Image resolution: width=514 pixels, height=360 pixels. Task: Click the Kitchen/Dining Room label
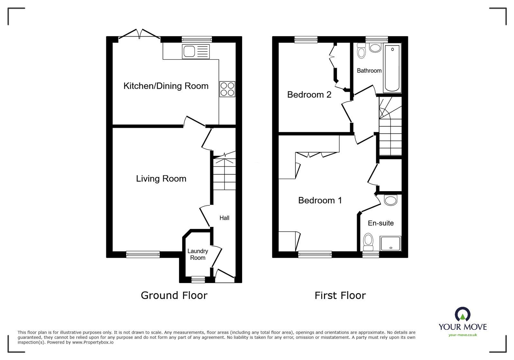tap(166, 86)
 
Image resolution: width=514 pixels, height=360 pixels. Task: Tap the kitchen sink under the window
tap(195, 51)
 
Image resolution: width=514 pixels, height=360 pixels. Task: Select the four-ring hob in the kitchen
tap(227, 89)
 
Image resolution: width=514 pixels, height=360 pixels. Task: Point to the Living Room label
tap(161, 179)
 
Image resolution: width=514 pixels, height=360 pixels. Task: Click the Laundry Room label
tap(198, 254)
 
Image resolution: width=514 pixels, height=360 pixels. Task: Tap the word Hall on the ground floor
tap(224, 218)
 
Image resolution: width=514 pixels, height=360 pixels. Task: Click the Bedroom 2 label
tap(309, 95)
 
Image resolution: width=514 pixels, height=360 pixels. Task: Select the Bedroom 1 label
tap(320, 200)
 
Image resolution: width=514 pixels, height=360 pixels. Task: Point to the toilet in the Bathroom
tap(362, 51)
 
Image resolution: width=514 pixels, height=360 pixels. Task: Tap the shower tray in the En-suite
tap(391, 244)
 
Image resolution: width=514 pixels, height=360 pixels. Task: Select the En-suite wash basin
tap(391, 200)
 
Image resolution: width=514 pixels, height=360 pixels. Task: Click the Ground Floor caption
tap(174, 295)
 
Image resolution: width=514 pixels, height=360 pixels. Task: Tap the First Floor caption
tap(340, 295)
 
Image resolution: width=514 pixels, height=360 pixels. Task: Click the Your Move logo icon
tap(463, 314)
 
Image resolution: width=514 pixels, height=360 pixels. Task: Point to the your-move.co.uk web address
tap(463, 335)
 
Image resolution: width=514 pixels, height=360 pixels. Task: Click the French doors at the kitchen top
tap(140, 35)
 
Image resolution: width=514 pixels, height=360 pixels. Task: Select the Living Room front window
tap(143, 254)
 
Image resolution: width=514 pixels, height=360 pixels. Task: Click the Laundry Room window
tap(198, 280)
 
